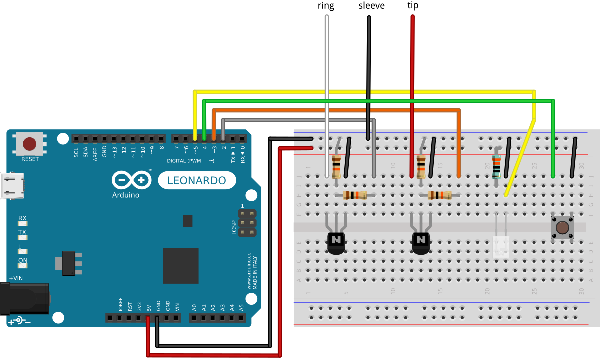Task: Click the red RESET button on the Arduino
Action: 29,144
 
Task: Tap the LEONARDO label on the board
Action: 197,180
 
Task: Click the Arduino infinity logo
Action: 131,180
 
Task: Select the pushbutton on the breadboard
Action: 562,228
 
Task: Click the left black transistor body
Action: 336,242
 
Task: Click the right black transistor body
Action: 421,242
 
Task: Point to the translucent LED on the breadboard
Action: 501,247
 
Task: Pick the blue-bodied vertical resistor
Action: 496,166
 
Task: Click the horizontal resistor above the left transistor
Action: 355,195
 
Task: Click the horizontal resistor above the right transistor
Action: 439,195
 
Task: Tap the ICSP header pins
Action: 246,223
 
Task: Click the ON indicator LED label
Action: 23,260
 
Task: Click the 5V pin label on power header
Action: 149,306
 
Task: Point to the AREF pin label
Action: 95,152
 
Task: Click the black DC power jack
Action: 25,298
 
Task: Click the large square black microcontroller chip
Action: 180,266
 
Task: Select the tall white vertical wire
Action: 327,95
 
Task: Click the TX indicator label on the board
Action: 22,232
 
